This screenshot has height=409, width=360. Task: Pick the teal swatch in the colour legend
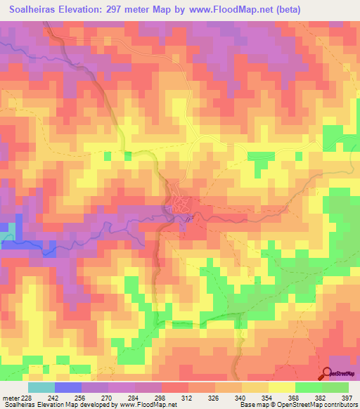point(41,387)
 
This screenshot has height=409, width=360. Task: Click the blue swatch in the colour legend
point(68,387)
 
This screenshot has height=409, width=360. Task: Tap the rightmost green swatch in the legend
point(335,387)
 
